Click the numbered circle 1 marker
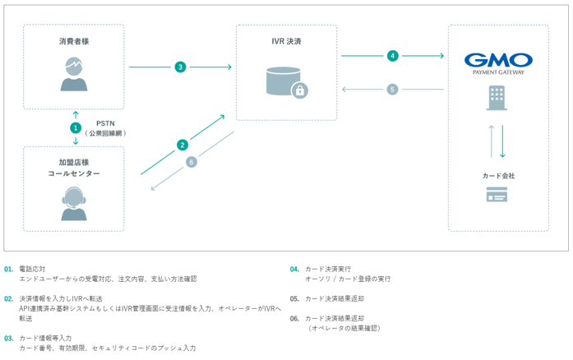point(76,128)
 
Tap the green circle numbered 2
point(183,145)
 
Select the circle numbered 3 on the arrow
point(180,67)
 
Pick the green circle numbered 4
point(393,56)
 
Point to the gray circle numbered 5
point(393,89)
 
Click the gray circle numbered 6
point(192,162)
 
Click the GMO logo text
point(498,60)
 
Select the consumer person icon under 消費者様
point(75,74)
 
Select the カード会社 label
point(498,175)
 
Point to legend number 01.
point(8,269)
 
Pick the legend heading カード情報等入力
point(45,338)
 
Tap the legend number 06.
point(294,318)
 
